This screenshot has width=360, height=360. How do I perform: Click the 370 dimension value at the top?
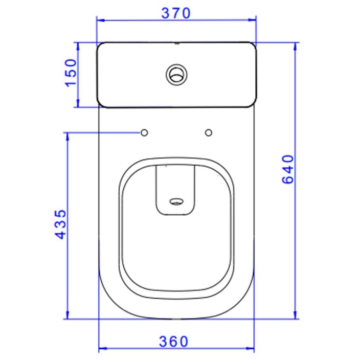tap(176, 13)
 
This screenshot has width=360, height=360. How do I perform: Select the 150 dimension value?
tap(70, 73)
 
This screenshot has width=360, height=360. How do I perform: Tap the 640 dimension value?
tap(288, 170)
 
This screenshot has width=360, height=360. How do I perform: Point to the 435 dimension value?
tap(60, 224)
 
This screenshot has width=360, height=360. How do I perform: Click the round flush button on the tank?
tap(176, 75)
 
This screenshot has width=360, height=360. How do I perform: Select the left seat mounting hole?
tap(144, 133)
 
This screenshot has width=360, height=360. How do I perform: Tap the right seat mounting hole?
tap(208, 133)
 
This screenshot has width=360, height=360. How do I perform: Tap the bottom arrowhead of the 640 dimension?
tap(295, 315)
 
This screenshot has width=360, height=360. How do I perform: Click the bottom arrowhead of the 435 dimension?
tap(67, 315)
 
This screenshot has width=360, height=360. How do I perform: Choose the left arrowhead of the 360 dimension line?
tap(101, 349)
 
